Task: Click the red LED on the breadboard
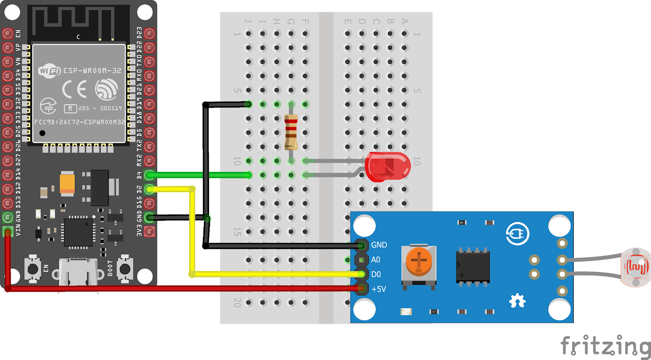(388, 167)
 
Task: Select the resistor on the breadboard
(291, 132)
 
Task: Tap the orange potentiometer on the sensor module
(419, 261)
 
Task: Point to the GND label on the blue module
(379, 245)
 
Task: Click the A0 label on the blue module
(376, 260)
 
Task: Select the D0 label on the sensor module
(376, 275)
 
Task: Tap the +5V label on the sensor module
(378, 289)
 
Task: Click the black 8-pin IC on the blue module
(472, 265)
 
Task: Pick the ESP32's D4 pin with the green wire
(149, 175)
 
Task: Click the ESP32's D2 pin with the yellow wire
(149, 190)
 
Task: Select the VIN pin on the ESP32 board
(8, 232)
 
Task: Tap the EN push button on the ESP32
(33, 268)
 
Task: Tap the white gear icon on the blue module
(517, 301)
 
